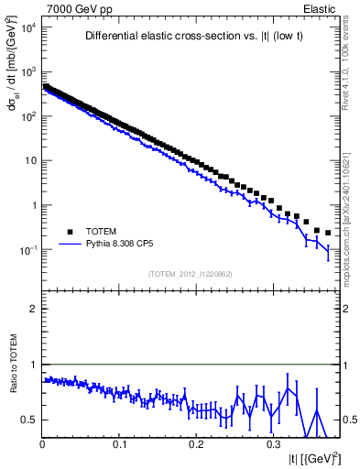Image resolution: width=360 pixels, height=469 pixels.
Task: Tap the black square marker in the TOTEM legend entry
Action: (70, 232)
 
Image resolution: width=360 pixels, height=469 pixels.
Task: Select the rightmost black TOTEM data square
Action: (328, 233)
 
